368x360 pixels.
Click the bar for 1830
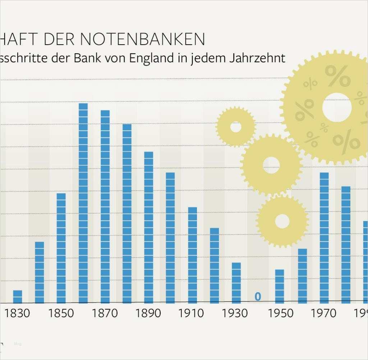(x=18, y=297)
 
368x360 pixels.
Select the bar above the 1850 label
(x=61, y=248)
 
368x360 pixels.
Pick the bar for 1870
(x=105, y=207)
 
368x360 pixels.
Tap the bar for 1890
(x=148, y=227)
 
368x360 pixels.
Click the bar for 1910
(x=192, y=255)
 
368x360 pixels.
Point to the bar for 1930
(x=236, y=283)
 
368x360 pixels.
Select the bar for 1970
(x=324, y=238)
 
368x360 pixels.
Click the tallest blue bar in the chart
(x=83, y=203)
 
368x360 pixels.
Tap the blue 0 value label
(x=258, y=297)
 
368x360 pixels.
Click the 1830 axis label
(x=18, y=313)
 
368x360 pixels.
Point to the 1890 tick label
(x=148, y=313)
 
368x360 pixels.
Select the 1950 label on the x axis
(x=280, y=313)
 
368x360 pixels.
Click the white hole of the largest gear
(x=337, y=107)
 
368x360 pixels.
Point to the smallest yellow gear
(x=235, y=127)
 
